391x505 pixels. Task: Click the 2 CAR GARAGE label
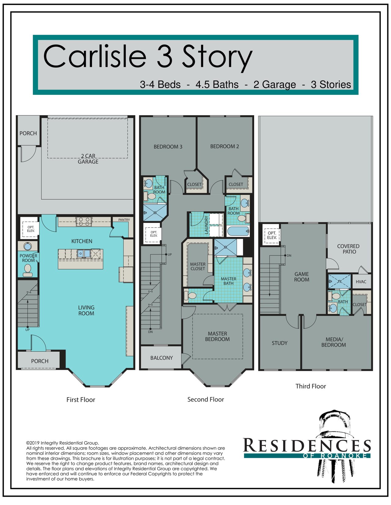click(88, 159)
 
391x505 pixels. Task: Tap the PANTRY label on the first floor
click(124, 220)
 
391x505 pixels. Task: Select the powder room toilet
click(28, 271)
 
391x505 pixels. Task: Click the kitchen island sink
click(84, 253)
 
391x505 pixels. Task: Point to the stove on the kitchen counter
click(84, 222)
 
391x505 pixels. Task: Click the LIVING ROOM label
click(86, 310)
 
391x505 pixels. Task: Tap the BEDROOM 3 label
click(168, 147)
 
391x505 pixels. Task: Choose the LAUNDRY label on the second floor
click(206, 225)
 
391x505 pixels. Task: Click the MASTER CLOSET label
click(198, 266)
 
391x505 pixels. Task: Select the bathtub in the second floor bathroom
click(238, 231)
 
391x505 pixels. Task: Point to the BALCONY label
click(161, 358)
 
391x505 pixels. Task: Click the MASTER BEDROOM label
click(217, 336)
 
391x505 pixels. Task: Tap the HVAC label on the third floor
click(361, 282)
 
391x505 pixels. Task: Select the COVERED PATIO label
click(349, 249)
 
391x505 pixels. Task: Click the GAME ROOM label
click(301, 277)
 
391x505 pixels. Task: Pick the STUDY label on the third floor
click(280, 343)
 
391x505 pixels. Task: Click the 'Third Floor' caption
click(311, 386)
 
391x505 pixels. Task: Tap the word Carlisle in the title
click(95, 56)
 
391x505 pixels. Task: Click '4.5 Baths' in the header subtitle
click(217, 84)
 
